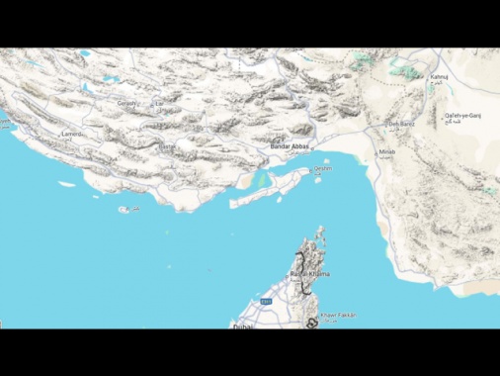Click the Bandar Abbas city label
click(289, 145)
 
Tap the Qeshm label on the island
click(323, 169)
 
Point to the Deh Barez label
click(400, 125)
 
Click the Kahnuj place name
click(440, 76)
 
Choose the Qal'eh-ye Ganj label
click(466, 116)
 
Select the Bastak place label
click(167, 145)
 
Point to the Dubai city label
click(243, 325)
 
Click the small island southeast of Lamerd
click(125, 210)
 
